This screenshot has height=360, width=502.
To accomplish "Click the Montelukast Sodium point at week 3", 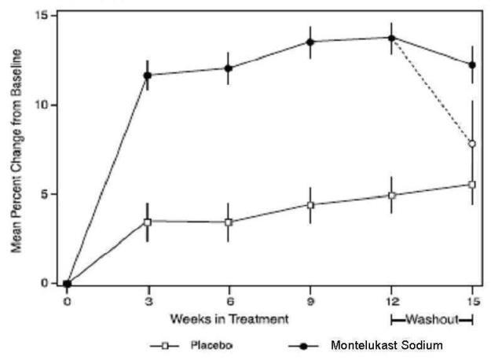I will pos(148,75).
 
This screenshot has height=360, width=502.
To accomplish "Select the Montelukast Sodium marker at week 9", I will pos(310,42).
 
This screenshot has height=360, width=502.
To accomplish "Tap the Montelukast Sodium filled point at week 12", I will pos(391,38).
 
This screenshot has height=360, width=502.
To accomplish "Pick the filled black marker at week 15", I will pos(472,64).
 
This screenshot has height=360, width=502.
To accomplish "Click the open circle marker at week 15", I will pos(472,144).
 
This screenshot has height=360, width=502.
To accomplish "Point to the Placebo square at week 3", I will pos(148,222).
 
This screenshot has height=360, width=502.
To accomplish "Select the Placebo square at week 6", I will pos(229,222).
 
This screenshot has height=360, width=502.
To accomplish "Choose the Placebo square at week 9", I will pos(310,205).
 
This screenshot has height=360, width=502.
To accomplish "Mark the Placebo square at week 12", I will pos(391,195).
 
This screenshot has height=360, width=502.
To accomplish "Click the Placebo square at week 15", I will pos(472,185).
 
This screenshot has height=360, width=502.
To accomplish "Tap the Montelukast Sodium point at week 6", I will pos(229,68).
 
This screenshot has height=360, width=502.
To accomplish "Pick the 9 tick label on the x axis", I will pos(310,300).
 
